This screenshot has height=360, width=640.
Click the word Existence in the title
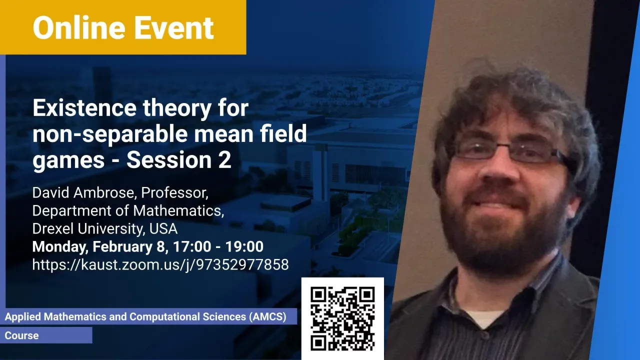tap(84, 107)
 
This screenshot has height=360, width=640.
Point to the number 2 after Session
tap(225, 159)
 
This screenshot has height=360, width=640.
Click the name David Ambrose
tap(83, 192)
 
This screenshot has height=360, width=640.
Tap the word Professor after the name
tap(174, 193)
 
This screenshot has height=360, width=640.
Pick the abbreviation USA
tap(163, 228)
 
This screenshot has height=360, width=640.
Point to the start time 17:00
tap(191, 246)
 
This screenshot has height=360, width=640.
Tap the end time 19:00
tap(244, 246)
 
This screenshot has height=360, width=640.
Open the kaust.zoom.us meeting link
tap(160, 264)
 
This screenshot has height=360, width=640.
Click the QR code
tap(342, 318)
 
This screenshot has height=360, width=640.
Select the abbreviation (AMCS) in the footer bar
tap(267, 316)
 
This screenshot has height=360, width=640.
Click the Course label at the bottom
tap(21, 335)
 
